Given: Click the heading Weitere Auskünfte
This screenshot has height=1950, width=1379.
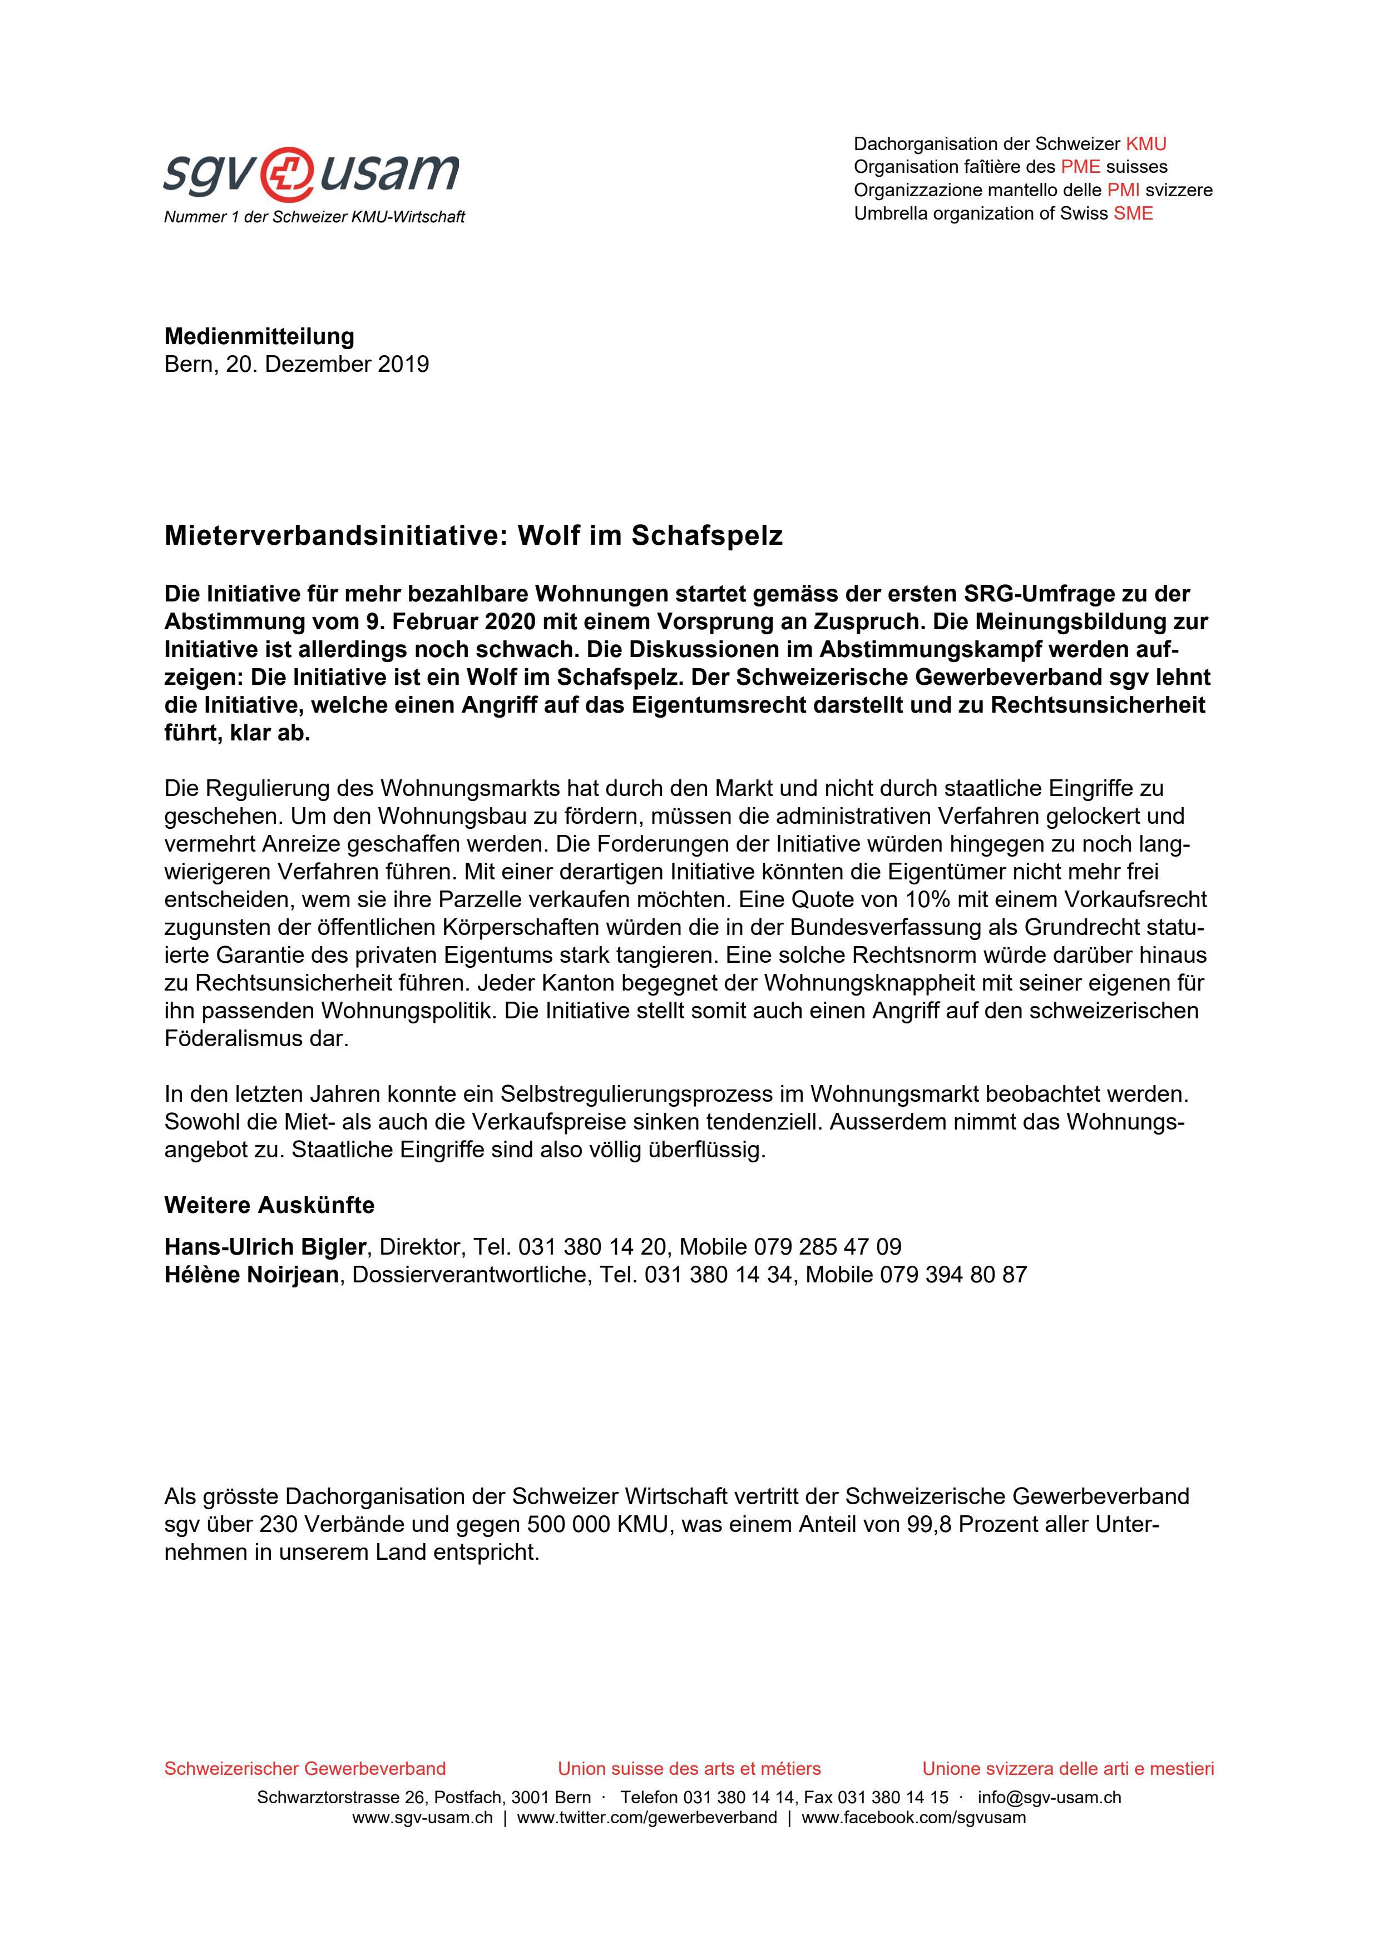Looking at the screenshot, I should [x=269, y=1205].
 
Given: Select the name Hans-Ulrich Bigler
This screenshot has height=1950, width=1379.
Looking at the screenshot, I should [x=265, y=1247].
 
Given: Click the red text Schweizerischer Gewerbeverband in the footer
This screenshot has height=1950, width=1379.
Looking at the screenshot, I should [x=305, y=1769].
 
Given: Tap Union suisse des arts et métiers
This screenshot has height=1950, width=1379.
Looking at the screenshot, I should [x=689, y=1769].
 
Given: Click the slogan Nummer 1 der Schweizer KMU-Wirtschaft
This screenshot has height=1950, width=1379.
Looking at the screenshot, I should [x=314, y=217].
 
